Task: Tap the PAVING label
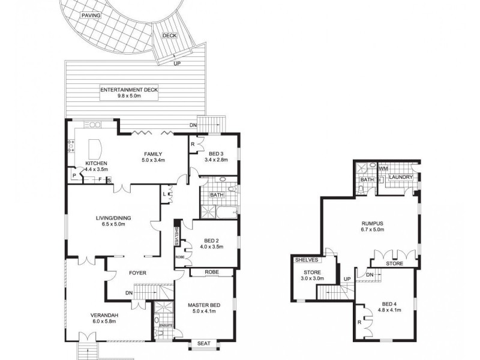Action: point(91,16)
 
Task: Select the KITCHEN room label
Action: point(96,163)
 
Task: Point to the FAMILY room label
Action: point(152,154)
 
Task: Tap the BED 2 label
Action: point(211,239)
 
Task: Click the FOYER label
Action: point(138,272)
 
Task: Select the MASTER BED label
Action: point(204,305)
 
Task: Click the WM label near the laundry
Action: point(383,169)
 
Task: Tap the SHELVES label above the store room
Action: point(307,260)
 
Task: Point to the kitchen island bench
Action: point(96,148)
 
